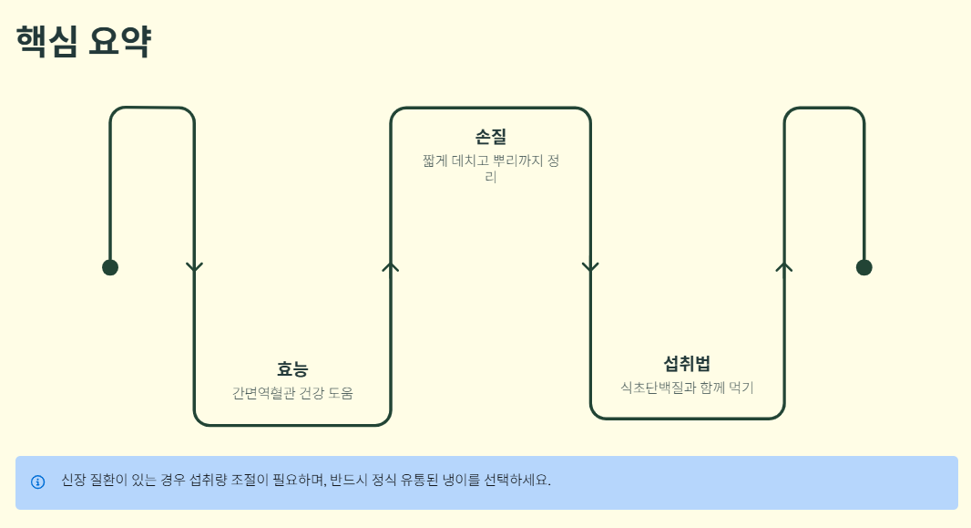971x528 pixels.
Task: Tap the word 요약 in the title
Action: [x=119, y=42]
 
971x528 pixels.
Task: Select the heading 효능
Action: [x=292, y=369]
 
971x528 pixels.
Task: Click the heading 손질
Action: [x=490, y=137]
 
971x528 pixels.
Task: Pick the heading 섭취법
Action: [x=687, y=364]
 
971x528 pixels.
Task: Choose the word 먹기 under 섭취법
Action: [x=740, y=388]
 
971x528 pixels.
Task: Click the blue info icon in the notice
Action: [x=37, y=481]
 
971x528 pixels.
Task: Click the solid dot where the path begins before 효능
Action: [x=110, y=267]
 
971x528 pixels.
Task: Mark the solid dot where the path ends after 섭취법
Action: [x=864, y=267]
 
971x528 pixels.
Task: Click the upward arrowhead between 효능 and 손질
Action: [x=391, y=266]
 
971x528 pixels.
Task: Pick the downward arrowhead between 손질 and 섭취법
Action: [x=590, y=267]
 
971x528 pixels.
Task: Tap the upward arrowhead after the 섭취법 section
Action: [x=784, y=266]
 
